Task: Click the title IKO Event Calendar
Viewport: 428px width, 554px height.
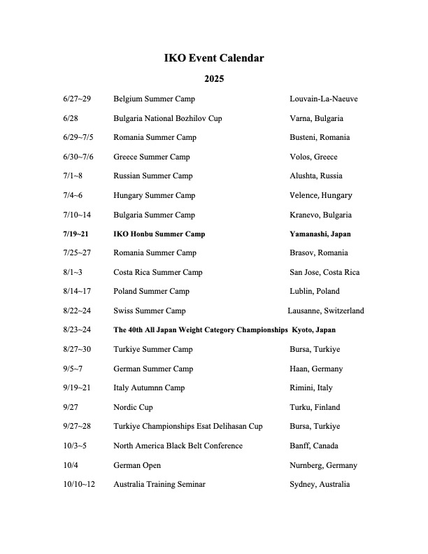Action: click(213, 58)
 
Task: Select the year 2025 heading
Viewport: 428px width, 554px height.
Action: click(213, 79)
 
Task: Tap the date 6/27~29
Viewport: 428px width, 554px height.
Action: click(77, 99)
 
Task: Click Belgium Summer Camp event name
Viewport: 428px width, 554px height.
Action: click(154, 99)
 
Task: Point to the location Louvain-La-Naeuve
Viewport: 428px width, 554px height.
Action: click(324, 99)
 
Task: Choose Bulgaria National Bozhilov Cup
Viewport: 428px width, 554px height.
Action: click(167, 118)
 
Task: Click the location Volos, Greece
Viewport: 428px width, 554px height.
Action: click(313, 157)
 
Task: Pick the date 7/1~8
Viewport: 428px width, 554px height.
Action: click(73, 176)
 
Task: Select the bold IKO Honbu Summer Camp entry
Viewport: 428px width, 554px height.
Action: click(159, 234)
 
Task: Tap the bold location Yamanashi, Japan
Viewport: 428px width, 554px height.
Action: click(321, 234)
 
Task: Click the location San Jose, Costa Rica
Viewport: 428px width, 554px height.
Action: click(324, 272)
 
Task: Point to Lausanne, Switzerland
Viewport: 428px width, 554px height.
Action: click(325, 311)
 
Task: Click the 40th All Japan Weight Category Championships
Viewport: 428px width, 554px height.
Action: click(200, 329)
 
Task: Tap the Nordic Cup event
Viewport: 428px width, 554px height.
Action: click(133, 406)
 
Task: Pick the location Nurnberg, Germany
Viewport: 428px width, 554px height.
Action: click(323, 465)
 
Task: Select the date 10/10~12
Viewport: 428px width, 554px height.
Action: click(79, 484)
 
